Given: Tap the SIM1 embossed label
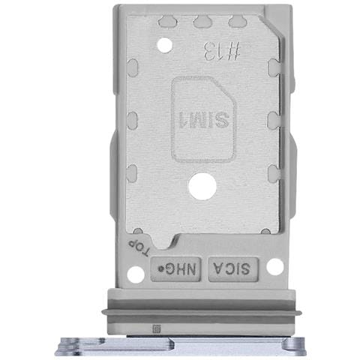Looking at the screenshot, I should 203,118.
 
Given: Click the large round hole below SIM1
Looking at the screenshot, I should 202,185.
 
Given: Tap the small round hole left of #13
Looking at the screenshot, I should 165,45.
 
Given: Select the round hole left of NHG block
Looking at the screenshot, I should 136,274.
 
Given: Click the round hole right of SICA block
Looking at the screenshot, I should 275,266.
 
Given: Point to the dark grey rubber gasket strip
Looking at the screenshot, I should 202,308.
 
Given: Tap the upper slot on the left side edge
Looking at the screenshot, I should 132,70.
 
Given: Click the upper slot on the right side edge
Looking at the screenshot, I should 273,70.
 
